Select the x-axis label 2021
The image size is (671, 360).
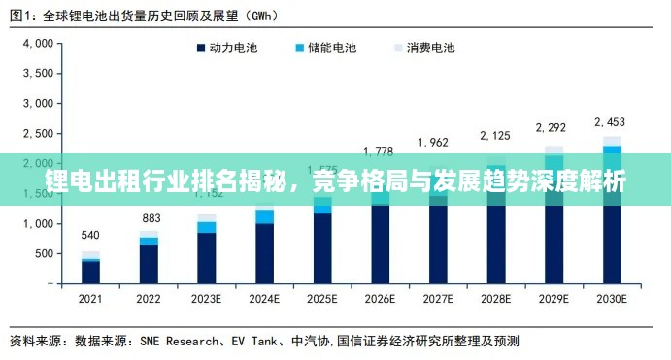(x=90, y=298)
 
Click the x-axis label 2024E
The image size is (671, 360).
(x=263, y=298)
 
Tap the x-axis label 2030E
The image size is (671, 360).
(x=611, y=298)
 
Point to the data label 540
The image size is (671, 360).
(x=90, y=236)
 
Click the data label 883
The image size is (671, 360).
(x=151, y=218)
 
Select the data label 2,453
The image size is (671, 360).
(x=611, y=122)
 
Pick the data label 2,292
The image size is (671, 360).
(x=553, y=127)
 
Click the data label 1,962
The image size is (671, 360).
(x=434, y=143)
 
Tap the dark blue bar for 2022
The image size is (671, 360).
(x=149, y=264)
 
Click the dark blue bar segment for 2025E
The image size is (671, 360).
(x=322, y=247)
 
